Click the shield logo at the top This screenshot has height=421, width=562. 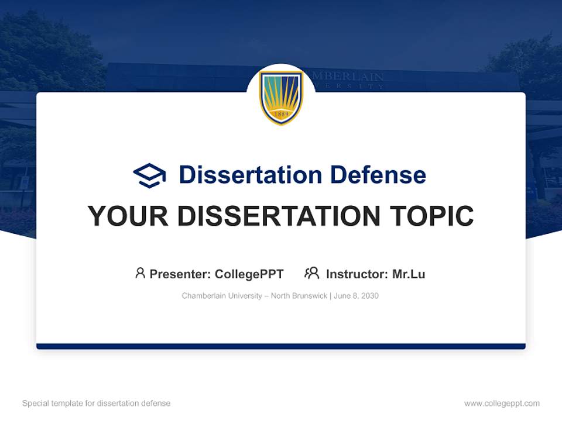coord(281,97)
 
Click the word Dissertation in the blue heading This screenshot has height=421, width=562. coord(251,175)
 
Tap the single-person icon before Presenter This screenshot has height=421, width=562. coord(140,273)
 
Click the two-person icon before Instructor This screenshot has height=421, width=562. coord(312,273)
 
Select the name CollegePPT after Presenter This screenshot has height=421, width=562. coord(249,274)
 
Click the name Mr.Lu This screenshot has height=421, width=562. coord(409,274)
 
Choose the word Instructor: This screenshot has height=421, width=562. coord(357,274)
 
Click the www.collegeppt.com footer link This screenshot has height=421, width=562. coord(502,403)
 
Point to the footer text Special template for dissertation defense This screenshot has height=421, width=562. coord(97,403)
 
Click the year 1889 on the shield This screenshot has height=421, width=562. coord(281,114)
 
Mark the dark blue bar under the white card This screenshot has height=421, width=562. coord(281,346)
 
